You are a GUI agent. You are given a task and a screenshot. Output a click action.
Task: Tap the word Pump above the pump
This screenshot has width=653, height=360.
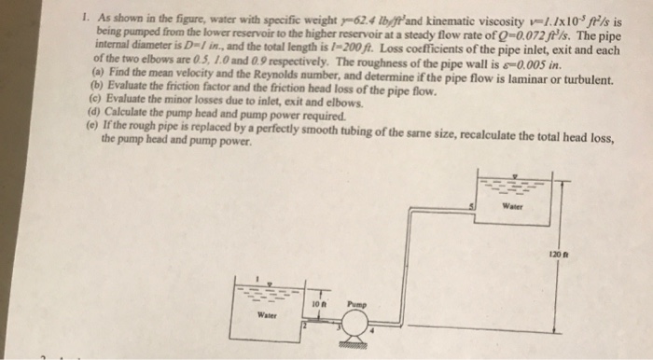pyautogui.click(x=359, y=301)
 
